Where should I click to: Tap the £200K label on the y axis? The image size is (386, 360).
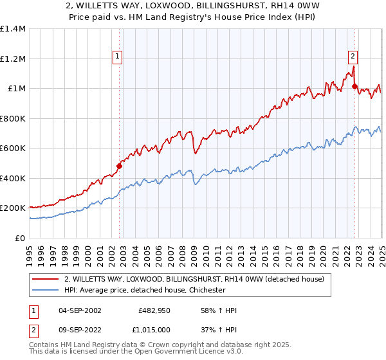[x=13, y=208]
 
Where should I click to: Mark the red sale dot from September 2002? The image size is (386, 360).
[x=119, y=166]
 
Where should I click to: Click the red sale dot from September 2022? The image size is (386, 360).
[x=354, y=87]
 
